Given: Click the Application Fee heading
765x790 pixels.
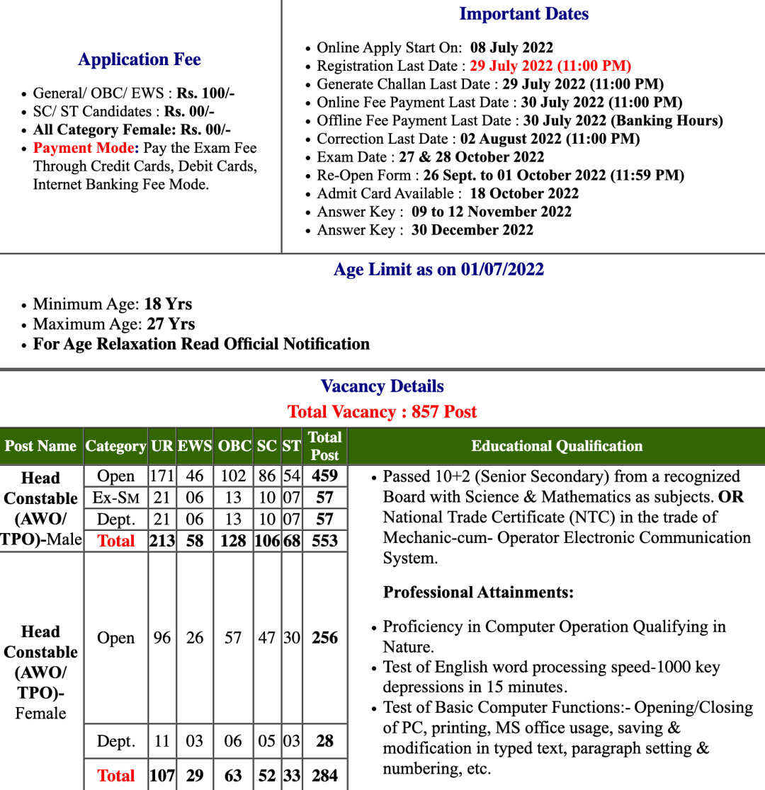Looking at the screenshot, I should [140, 59].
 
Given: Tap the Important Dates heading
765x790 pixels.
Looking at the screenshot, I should [523, 14].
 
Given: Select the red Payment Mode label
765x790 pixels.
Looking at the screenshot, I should [84, 148].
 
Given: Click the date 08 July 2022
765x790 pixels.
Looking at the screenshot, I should [511, 48].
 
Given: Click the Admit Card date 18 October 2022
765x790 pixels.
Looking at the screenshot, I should [523, 193].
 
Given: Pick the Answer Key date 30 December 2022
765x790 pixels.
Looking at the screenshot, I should [472, 230].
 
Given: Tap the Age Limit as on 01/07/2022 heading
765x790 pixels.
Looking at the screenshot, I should [438, 270].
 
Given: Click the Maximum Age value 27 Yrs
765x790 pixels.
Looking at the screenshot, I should [171, 324].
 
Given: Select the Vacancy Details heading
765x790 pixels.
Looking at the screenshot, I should [382, 387].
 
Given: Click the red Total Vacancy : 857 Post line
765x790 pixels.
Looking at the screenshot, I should [382, 412].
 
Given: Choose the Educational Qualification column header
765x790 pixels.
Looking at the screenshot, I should [557, 446].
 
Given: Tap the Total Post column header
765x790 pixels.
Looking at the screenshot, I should [325, 446].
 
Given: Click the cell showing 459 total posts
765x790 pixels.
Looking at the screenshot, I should [325, 476].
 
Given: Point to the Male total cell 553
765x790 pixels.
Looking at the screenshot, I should [325, 541].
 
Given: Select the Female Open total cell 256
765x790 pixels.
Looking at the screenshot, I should [325, 638].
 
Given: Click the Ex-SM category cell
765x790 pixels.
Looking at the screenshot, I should [115, 498].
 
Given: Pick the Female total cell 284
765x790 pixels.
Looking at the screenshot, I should [325, 776].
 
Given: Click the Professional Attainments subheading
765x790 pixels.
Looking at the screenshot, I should [478, 592].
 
